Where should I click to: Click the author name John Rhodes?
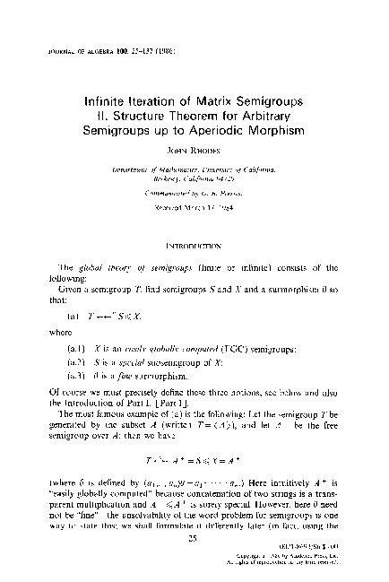pos(195,139)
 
